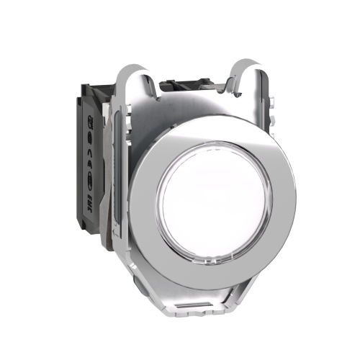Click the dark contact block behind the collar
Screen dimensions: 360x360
[92, 173]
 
